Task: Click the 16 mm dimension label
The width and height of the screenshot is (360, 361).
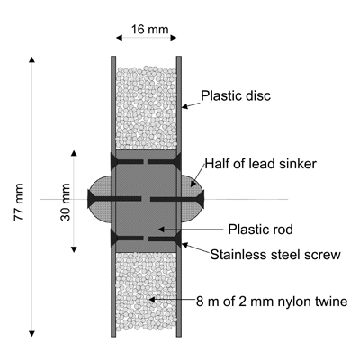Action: pos(149,30)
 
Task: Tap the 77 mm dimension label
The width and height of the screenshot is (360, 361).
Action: pos(19,202)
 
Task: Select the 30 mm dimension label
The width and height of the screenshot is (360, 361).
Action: pos(66,202)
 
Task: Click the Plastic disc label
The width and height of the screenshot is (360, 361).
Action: pos(236,95)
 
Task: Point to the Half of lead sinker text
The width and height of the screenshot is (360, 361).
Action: pos(261,164)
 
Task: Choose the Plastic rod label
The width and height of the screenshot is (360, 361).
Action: pos(260,230)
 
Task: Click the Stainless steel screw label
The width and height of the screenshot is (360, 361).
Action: pos(275,255)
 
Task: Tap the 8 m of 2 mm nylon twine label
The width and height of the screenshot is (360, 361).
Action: pos(272,302)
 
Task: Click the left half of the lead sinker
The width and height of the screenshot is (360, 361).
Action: pos(100,199)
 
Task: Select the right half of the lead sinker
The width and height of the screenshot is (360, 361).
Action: pos(193,199)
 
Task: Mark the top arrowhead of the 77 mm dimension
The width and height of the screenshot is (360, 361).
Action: pos(31,59)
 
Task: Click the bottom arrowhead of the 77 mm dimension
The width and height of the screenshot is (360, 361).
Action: pos(31,334)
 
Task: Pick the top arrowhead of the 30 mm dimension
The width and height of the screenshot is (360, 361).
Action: pos(74,153)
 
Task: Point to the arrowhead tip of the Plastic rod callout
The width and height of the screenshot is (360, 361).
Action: pos(158,230)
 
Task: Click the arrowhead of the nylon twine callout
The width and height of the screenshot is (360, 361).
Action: pos(149,300)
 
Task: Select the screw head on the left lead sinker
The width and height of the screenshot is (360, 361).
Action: pos(91,199)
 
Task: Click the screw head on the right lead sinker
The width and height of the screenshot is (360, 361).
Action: pos(202,199)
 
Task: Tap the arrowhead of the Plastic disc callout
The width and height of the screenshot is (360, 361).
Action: pos(182,107)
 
